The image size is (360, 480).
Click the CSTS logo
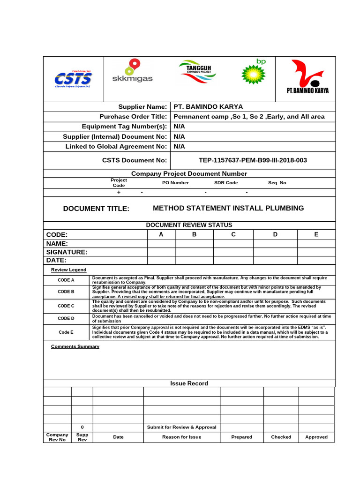[73, 77]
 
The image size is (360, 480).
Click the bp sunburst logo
[253, 72]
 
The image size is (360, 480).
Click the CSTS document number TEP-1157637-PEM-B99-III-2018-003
[253, 160]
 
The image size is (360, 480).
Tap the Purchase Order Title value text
[249, 117]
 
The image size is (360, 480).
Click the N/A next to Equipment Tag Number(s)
[180, 127]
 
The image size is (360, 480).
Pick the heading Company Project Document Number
[189, 173]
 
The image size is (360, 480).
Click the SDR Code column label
[226, 183]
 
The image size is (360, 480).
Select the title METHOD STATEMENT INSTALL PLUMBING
[228, 208]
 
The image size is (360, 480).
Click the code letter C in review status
[233, 234]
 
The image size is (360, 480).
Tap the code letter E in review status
[316, 234]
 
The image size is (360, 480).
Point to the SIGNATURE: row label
[67, 252]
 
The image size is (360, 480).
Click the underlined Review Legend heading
[68, 270]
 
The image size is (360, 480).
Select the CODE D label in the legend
[66, 319]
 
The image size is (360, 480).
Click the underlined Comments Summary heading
[75, 346]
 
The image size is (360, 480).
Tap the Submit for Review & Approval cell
[181, 427]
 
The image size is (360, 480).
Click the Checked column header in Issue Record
[281, 437]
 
